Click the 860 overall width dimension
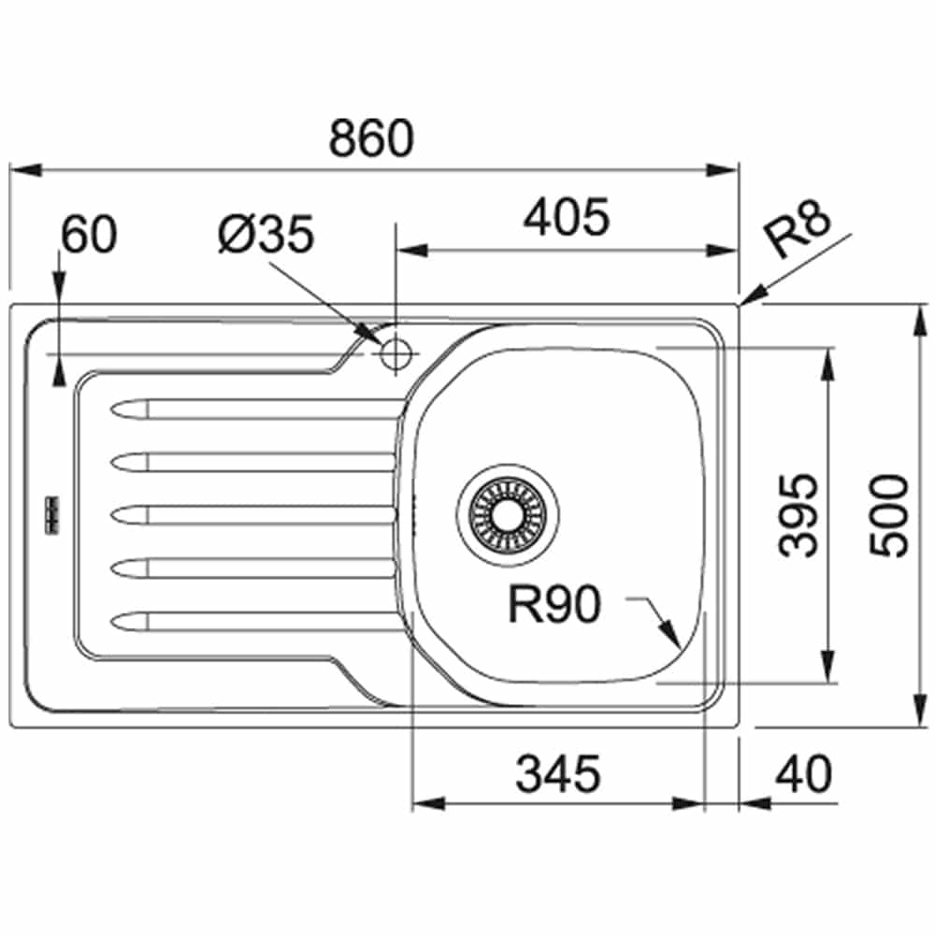click(371, 138)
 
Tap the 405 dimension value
click(567, 217)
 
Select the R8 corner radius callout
click(798, 228)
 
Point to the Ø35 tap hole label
click(266, 235)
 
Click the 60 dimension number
click(90, 235)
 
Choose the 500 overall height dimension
click(888, 515)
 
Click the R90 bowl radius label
click(554, 604)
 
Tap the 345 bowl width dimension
click(558, 774)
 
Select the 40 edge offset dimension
click(803, 774)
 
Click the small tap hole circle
click(396, 354)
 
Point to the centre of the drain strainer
click(508, 514)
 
